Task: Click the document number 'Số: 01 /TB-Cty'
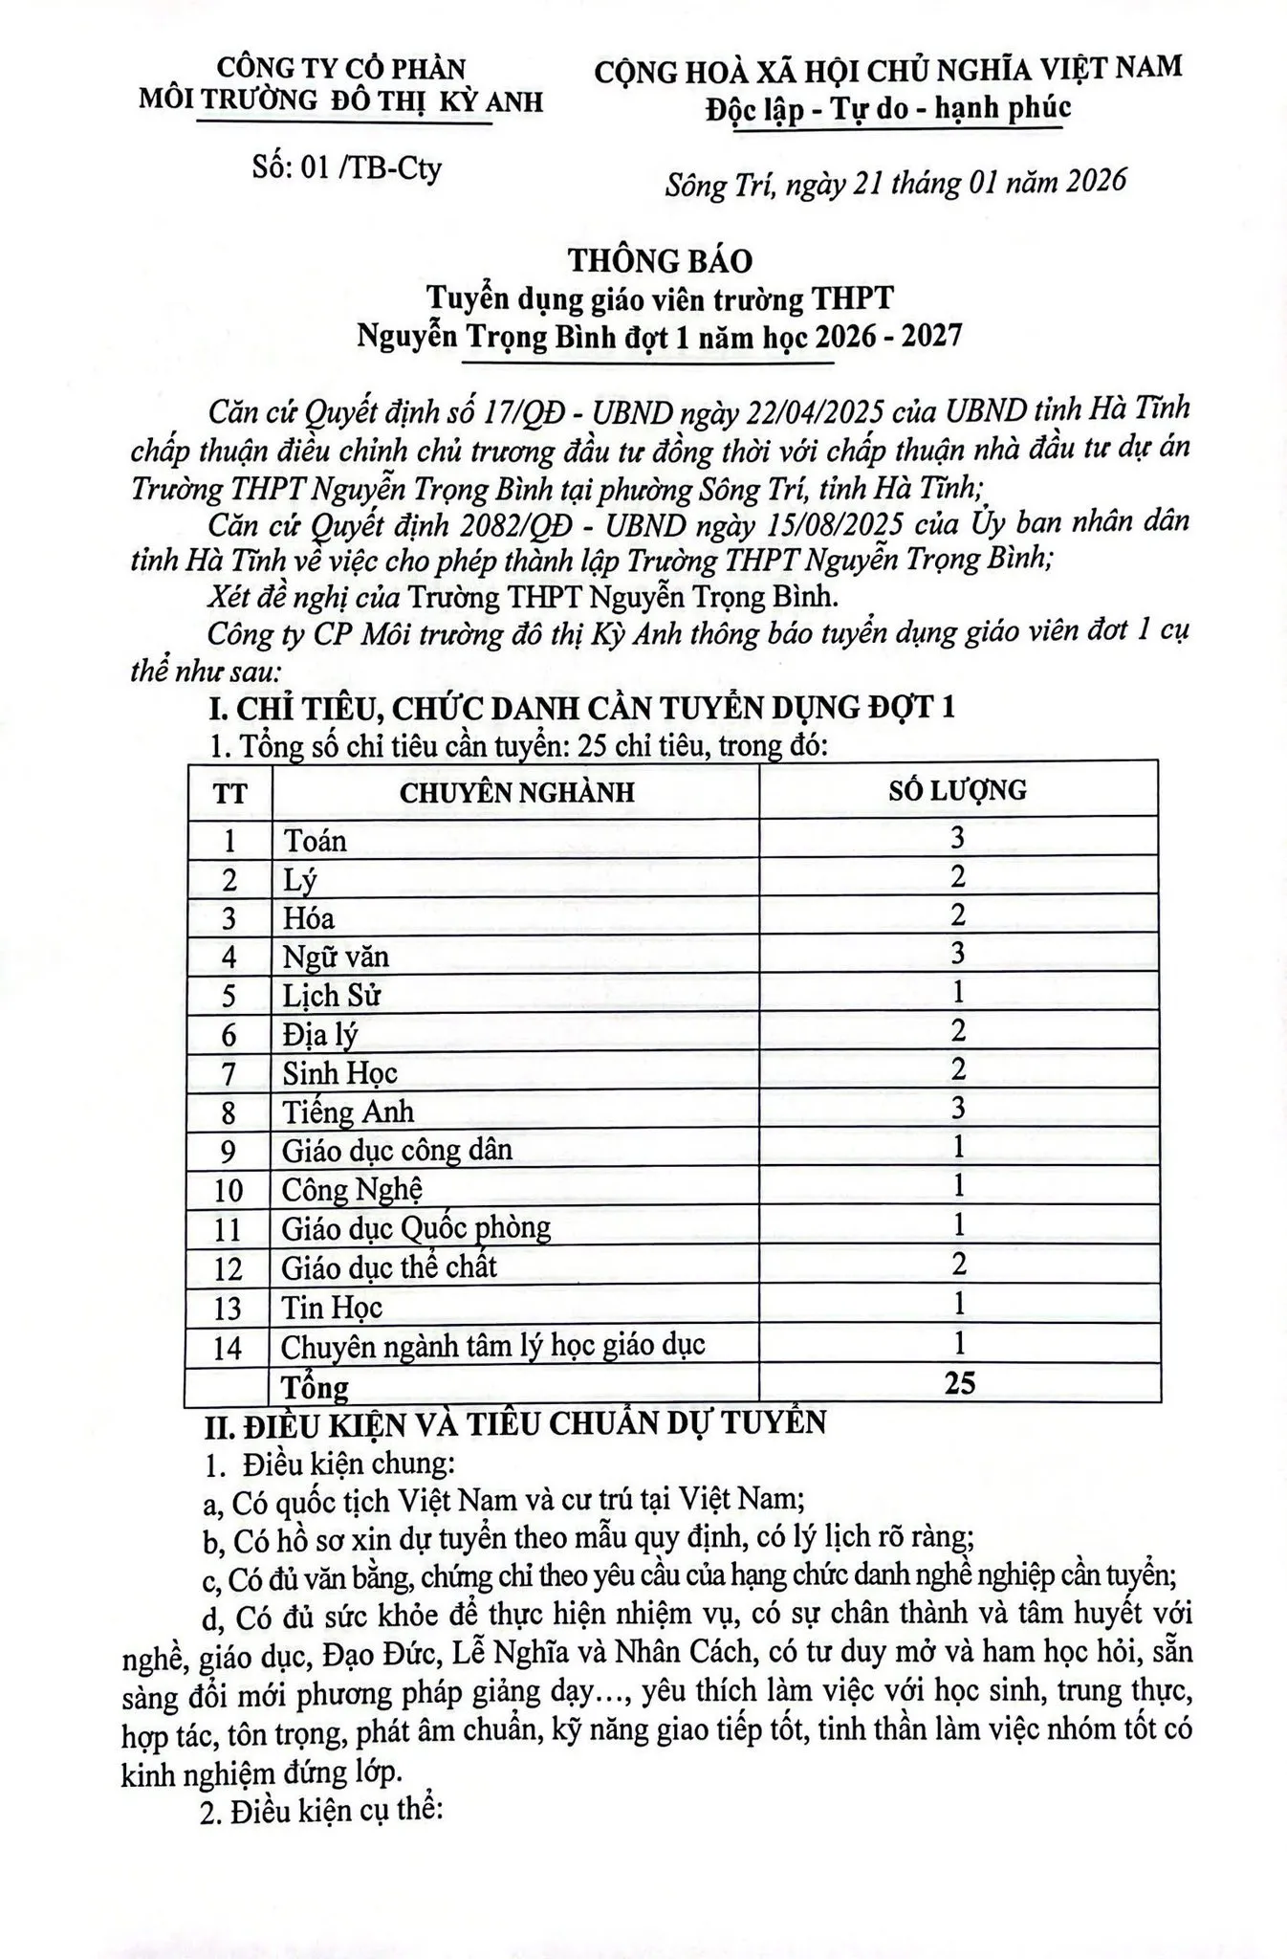coord(346,168)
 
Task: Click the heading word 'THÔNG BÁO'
coord(661,260)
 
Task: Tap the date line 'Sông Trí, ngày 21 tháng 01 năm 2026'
coord(895,182)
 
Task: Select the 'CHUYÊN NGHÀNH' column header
coord(516,792)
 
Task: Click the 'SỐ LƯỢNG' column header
coord(957,789)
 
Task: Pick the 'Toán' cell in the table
coord(316,841)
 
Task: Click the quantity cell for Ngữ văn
coord(958,954)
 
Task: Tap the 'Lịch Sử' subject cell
coord(331,996)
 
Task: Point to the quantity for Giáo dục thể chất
coord(959,1266)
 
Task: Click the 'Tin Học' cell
coord(332,1307)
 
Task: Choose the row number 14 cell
coord(228,1347)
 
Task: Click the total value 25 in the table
coord(958,1382)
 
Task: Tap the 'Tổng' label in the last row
coord(314,1386)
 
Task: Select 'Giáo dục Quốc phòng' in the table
coord(416,1227)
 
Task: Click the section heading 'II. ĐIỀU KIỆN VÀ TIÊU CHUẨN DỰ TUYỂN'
coord(516,1423)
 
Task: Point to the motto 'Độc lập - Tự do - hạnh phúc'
coord(888,108)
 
